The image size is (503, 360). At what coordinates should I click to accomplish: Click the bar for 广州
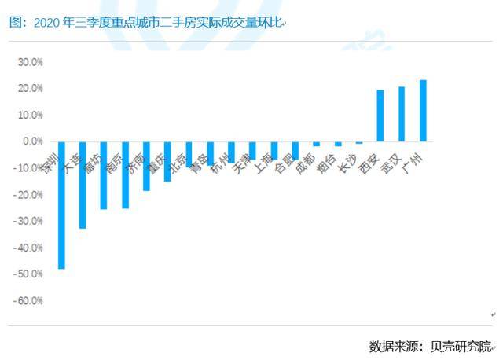pos(423,111)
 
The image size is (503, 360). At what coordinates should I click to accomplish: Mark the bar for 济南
pos(146,166)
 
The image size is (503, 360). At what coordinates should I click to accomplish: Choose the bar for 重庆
pos(167,161)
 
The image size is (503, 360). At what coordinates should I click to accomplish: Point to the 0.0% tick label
pos(33,141)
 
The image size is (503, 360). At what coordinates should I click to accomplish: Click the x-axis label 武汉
pos(390,166)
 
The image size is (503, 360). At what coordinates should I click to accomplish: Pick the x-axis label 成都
pos(305,166)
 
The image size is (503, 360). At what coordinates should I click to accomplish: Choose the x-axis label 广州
pos(411,166)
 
